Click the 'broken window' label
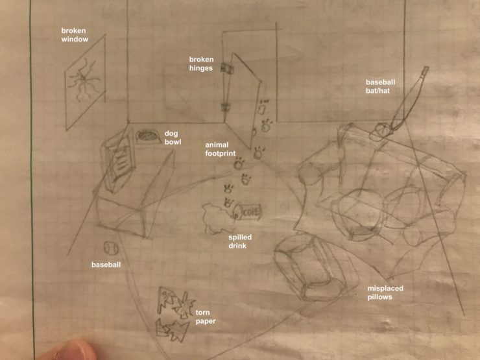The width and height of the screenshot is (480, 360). click(x=75, y=35)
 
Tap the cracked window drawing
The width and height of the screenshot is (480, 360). click(x=85, y=82)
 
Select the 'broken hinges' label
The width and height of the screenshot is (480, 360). click(x=201, y=64)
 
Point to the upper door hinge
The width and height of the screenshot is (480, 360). click(x=227, y=68)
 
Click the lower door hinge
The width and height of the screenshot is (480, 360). click(x=226, y=108)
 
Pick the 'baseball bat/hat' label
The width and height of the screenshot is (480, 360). click(x=380, y=86)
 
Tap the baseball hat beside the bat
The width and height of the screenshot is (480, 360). click(x=379, y=132)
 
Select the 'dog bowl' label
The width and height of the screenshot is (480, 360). click(x=173, y=138)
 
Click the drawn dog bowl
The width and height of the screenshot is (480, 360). click(x=148, y=136)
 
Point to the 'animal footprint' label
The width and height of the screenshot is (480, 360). click(x=221, y=149)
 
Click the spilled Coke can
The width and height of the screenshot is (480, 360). click(x=247, y=212)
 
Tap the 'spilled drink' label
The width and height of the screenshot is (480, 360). click(x=240, y=241)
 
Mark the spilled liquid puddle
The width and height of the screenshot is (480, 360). click(x=218, y=219)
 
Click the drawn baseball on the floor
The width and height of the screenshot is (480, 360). click(x=111, y=248)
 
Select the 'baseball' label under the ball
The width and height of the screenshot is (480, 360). click(x=106, y=265)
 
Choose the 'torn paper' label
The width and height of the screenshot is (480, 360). click(x=206, y=317)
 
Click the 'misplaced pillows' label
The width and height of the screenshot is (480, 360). click(x=385, y=293)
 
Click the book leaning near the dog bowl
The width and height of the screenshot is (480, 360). click(x=118, y=161)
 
